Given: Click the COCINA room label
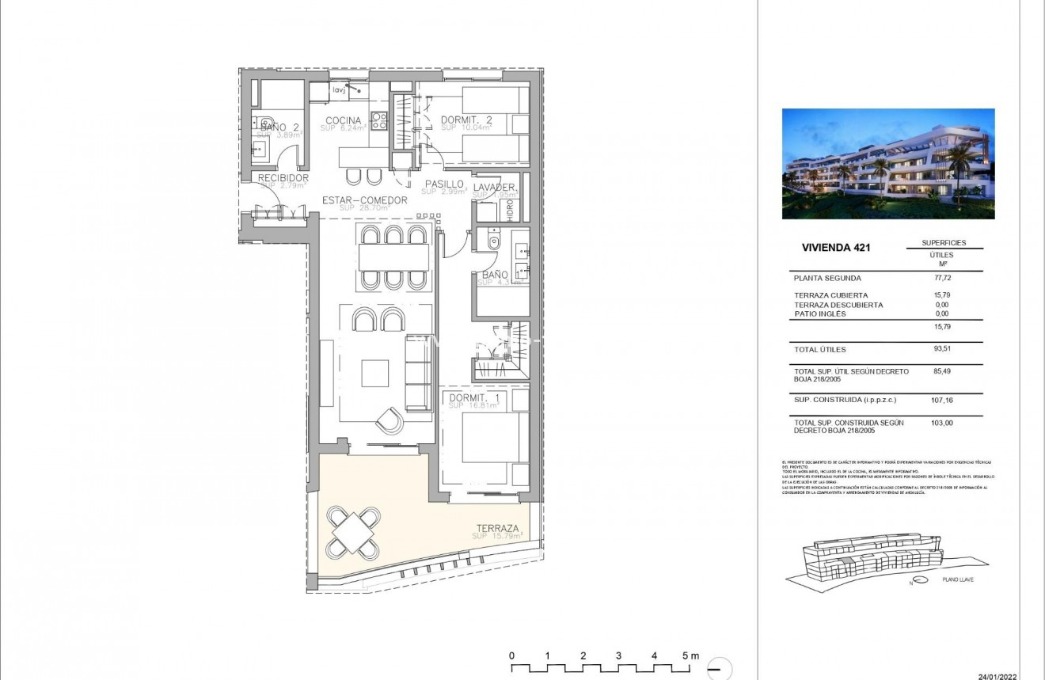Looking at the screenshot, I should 344,121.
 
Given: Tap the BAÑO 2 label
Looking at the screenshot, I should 279,127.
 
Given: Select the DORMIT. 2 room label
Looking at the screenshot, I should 466,120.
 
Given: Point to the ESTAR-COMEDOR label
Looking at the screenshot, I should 364,200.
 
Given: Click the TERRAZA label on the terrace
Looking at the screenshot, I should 497,529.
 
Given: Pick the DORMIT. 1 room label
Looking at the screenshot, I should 473,398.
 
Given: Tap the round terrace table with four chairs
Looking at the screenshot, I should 353,532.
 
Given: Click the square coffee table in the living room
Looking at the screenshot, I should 375,373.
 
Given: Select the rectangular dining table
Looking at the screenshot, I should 393,257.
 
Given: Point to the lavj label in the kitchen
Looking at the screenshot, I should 339,90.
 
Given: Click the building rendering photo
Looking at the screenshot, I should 887,164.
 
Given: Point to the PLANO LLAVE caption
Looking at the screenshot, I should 958,580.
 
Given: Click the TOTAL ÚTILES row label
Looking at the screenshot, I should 820,349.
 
